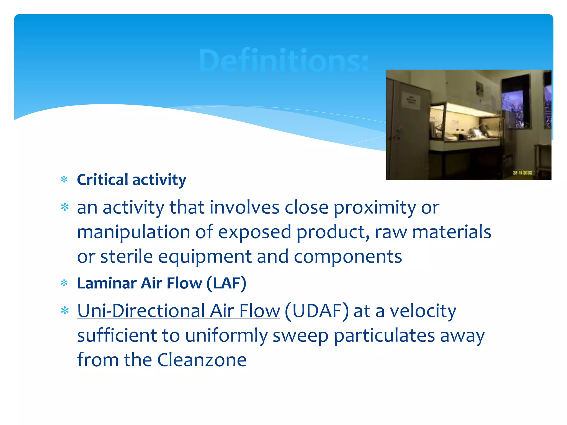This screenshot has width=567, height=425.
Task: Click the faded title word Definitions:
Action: coord(283,61)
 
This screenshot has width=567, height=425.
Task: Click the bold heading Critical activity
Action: coord(132,180)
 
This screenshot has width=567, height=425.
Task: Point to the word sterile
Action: coord(126,256)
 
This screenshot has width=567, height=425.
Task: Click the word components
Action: coord(348,257)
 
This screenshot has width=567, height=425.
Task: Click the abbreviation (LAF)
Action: coord(226,283)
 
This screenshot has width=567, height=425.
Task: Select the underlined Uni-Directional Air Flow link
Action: coord(179,311)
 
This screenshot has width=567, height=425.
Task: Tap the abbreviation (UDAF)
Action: coord(317,311)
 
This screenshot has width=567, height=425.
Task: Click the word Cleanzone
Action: coord(202,360)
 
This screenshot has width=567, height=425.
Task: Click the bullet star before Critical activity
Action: coord(64,180)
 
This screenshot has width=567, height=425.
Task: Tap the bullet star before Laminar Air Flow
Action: coord(64,283)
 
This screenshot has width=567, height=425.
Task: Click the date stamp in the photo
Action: coord(522,173)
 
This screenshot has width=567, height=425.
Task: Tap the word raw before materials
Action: coord(391,232)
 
